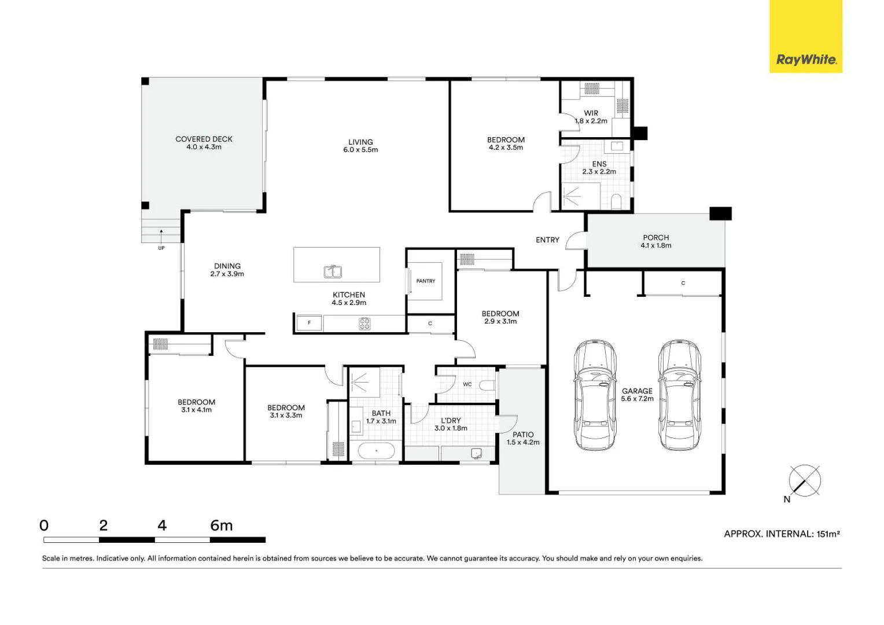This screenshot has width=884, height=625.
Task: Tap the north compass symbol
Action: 804,480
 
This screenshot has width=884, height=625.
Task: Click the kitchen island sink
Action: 332,271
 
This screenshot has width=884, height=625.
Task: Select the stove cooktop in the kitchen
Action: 364,323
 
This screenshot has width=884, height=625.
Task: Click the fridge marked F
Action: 310,323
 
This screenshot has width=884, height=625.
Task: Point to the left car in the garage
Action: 595,395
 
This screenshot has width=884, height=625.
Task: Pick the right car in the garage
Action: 679,395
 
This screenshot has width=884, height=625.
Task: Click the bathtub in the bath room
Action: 376,450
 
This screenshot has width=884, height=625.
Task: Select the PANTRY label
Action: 425,281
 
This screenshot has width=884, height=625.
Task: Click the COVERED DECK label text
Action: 204,139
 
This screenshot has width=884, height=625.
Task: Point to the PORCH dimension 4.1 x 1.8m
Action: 655,245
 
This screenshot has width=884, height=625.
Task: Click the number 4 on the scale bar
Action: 162,525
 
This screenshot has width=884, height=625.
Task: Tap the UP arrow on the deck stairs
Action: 161,233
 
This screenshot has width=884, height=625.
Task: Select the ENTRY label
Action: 547,240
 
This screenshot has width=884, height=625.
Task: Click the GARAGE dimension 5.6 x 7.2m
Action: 637,399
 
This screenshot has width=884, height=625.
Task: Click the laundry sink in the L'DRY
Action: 476,453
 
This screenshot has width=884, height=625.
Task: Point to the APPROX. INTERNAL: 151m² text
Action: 782,534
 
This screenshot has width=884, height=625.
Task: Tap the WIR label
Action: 591,113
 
